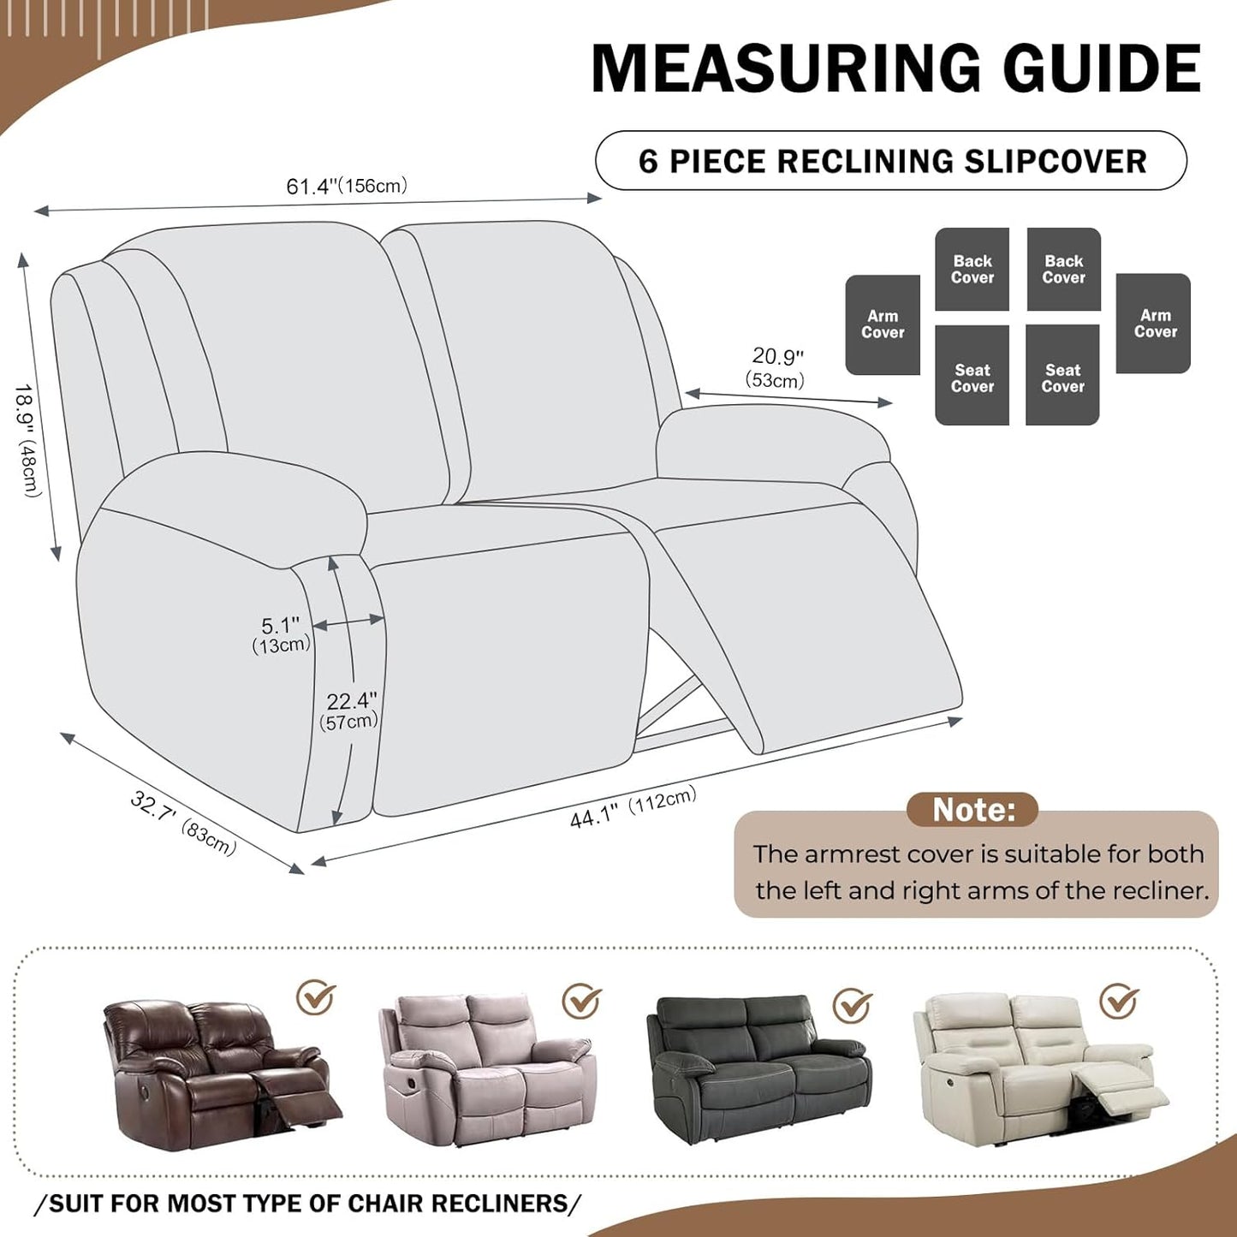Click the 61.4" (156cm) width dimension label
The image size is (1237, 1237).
click(x=347, y=186)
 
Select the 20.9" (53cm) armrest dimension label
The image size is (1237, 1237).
click(x=776, y=367)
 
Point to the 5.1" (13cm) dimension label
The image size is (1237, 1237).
click(x=281, y=634)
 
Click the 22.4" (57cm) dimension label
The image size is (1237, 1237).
click(x=349, y=711)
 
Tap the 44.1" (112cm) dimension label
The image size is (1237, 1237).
click(x=633, y=807)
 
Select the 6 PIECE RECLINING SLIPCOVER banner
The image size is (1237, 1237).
click(x=891, y=161)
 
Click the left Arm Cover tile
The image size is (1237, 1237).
click(x=883, y=324)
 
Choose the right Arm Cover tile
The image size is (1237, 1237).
click(x=1154, y=324)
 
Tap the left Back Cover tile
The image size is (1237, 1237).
click(x=972, y=269)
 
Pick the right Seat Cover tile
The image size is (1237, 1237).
click(x=1062, y=376)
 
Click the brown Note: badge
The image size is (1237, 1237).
click(x=972, y=809)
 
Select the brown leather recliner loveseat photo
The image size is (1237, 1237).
click(x=218, y=1073)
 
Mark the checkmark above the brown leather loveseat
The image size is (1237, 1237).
click(x=316, y=996)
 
